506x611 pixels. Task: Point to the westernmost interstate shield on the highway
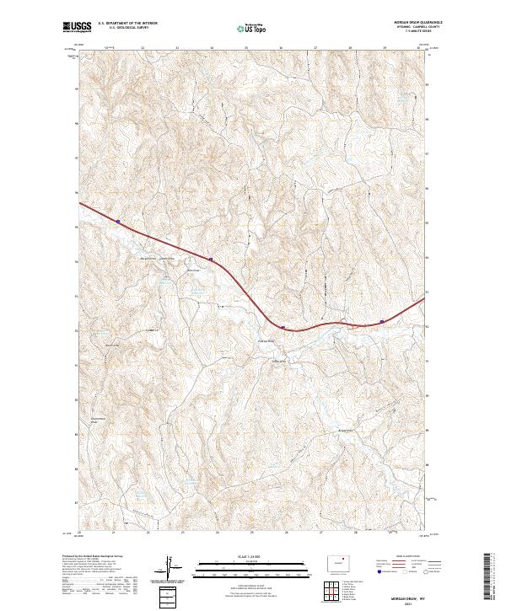click(x=118, y=222)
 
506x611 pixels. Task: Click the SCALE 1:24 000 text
click(x=242, y=555)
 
